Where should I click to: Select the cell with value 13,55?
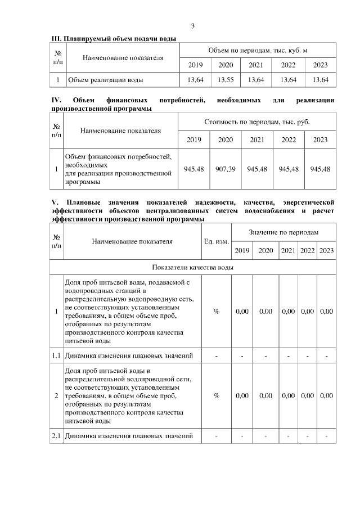point(226,80)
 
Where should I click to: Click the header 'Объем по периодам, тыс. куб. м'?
point(258,50)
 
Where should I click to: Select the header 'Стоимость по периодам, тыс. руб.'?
point(257,121)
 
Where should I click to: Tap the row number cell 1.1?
point(57,355)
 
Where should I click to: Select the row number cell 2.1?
point(57,436)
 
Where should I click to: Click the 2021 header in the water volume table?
point(256,65)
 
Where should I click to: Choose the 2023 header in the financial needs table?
point(320,139)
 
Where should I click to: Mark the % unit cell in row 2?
point(216,396)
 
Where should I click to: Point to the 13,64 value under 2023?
point(320,80)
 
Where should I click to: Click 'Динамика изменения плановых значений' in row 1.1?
point(129,355)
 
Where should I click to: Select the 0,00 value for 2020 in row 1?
point(266,311)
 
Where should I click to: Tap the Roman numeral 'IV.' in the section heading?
point(56,100)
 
